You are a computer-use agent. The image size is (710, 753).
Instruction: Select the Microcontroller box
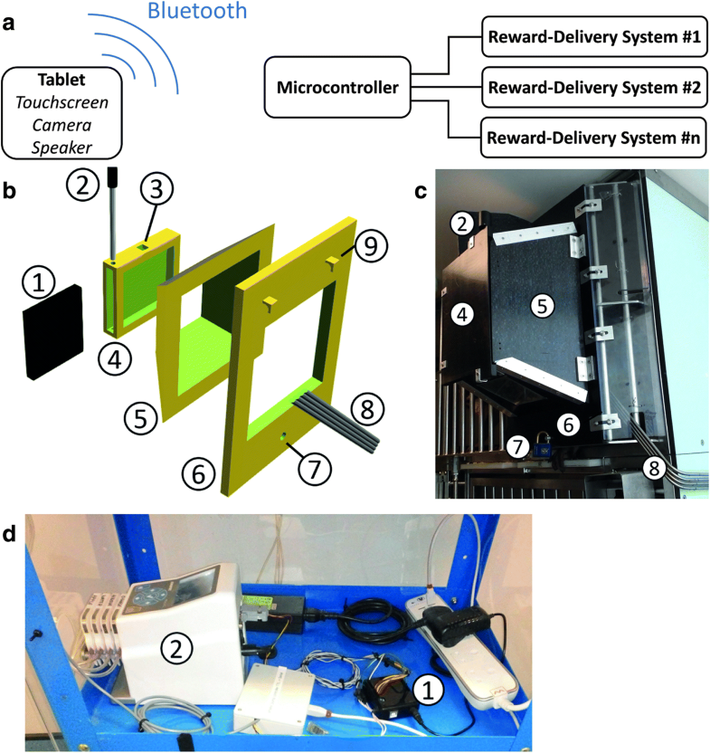[x=336, y=89]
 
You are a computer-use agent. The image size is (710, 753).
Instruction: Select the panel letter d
[x=8, y=535]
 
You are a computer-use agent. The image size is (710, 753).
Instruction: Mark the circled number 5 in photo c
[x=542, y=307]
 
